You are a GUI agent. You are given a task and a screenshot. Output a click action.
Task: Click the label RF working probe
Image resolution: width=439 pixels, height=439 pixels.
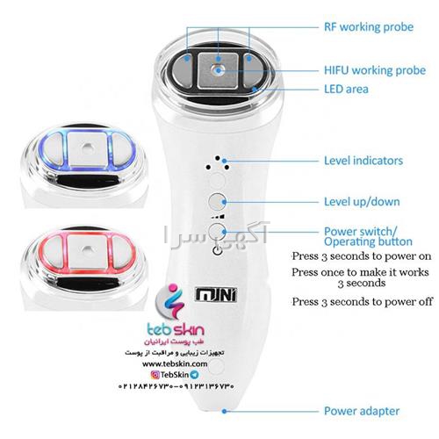(x=369, y=27)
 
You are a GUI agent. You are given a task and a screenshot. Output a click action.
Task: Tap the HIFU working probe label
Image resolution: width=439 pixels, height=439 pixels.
(x=375, y=70)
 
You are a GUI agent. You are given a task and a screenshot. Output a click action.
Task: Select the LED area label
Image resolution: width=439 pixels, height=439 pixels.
(x=346, y=89)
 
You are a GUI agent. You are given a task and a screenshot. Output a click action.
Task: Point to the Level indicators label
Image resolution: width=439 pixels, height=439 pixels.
(x=363, y=161)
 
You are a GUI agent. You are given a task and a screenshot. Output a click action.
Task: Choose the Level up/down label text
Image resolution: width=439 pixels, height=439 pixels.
(x=362, y=202)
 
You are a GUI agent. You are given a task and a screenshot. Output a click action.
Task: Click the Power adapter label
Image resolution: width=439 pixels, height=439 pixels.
(x=362, y=411)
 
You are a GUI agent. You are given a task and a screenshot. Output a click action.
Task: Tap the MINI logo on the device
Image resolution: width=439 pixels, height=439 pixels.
(x=216, y=295)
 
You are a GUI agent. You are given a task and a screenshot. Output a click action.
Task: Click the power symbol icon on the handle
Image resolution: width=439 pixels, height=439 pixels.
(x=217, y=251)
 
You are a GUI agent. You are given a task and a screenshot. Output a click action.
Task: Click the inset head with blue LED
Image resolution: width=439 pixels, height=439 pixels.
(x=84, y=165)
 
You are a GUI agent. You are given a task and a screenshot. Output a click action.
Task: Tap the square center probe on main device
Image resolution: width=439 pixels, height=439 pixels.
(x=218, y=71)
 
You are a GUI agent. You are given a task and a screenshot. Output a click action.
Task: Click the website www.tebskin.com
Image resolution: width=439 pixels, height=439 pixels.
(x=175, y=363)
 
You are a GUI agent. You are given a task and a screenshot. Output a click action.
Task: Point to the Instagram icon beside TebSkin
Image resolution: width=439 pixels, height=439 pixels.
(x=155, y=375)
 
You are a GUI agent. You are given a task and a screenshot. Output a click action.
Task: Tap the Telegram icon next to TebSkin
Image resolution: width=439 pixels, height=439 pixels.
(x=194, y=375)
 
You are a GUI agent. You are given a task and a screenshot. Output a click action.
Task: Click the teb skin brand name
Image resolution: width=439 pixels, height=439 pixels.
(x=176, y=330)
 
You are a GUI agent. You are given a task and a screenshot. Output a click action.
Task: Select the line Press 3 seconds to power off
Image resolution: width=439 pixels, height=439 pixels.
(x=362, y=302)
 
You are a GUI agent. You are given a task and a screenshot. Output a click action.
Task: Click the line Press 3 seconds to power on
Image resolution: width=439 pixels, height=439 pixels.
(x=362, y=256)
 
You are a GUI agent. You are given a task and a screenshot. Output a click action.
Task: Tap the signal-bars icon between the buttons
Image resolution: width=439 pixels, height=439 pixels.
(x=218, y=217)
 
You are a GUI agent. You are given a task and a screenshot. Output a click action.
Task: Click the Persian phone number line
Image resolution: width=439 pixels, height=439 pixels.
(x=176, y=386)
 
